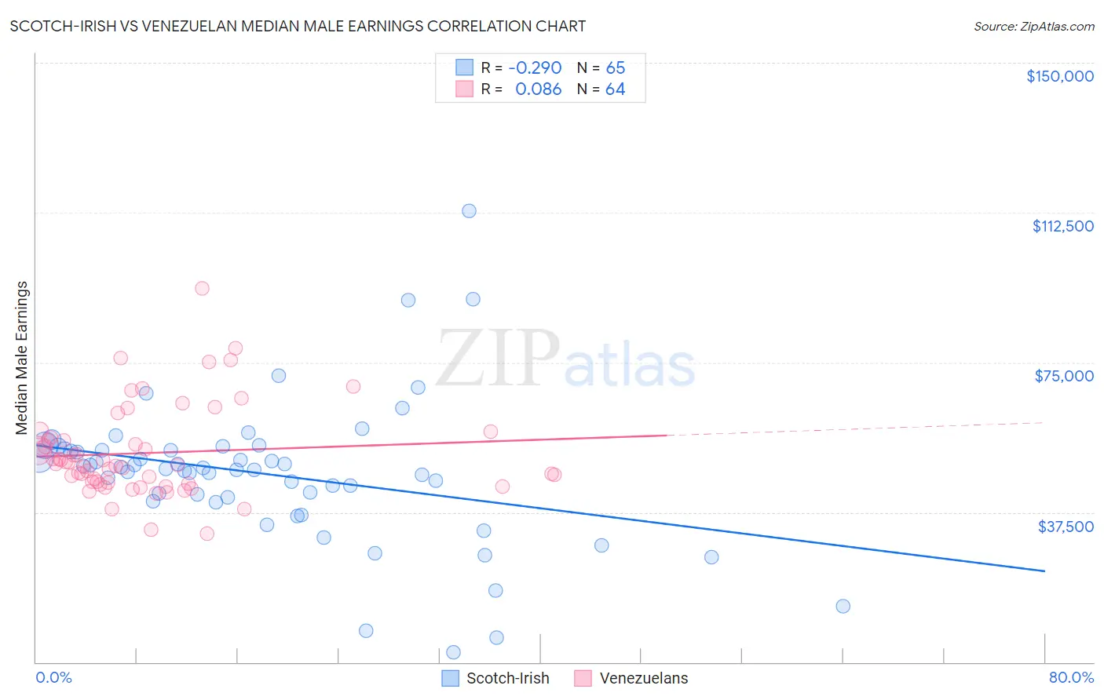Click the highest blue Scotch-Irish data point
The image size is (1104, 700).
(x=469, y=211)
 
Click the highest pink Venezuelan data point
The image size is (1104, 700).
(x=202, y=288)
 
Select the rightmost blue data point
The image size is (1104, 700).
(x=843, y=606)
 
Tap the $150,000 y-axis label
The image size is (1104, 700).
(x=1059, y=76)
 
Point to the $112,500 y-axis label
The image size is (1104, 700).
(x=1062, y=226)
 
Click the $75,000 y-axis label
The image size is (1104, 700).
(x=1064, y=376)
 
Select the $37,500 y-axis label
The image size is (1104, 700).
(x=1065, y=527)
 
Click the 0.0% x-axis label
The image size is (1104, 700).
(x=53, y=677)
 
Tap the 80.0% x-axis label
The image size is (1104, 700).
(x=1071, y=677)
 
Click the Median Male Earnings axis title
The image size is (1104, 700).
(x=21, y=358)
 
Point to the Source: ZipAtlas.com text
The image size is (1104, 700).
(x=1033, y=27)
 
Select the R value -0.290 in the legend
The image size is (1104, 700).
(x=535, y=68)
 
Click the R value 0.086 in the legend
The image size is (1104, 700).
(x=538, y=89)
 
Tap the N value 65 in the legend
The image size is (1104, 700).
(x=615, y=68)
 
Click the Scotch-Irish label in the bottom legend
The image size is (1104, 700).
(x=507, y=678)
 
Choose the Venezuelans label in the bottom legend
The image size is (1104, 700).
(x=643, y=678)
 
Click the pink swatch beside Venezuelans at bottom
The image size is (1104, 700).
(x=583, y=678)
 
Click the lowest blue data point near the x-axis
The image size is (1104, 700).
(x=453, y=652)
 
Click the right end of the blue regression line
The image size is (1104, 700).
(x=1044, y=571)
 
